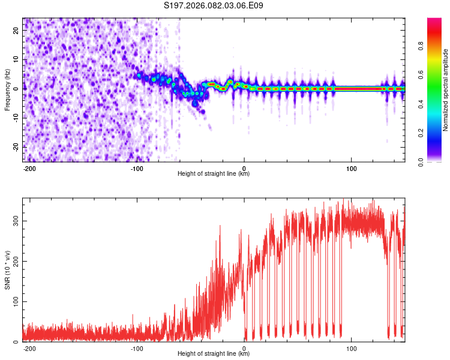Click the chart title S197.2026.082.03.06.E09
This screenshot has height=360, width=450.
tap(214, 6)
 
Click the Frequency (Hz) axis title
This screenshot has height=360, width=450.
tap(7, 89)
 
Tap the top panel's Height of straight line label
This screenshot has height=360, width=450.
tap(214, 174)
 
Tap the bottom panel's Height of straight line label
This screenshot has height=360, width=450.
tap(214, 354)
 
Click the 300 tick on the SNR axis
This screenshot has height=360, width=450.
tap(14, 220)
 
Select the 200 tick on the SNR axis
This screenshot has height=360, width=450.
tap(14, 261)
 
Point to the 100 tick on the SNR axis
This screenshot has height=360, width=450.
tap(14, 301)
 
